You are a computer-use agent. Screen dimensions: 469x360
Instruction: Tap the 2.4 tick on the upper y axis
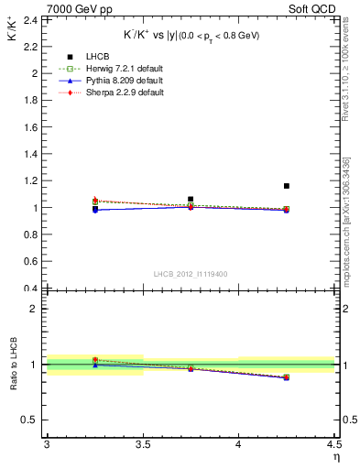pyautogui.click(x=32, y=19)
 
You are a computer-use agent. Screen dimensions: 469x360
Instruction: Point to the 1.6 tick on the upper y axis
pyautogui.click(x=32, y=126)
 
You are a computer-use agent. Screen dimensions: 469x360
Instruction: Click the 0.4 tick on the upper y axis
pyautogui.click(x=32, y=289)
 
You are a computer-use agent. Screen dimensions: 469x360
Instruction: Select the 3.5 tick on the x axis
pyautogui.click(x=143, y=445)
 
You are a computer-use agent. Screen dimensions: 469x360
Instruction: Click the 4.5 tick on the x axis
pyautogui.click(x=333, y=445)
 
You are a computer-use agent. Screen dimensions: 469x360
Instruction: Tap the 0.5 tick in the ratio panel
pyautogui.click(x=32, y=420)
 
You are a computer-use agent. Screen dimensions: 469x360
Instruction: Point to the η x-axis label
pyautogui.click(x=335, y=457)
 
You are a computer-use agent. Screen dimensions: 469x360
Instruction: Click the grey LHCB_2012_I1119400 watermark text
pyautogui.click(x=191, y=274)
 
